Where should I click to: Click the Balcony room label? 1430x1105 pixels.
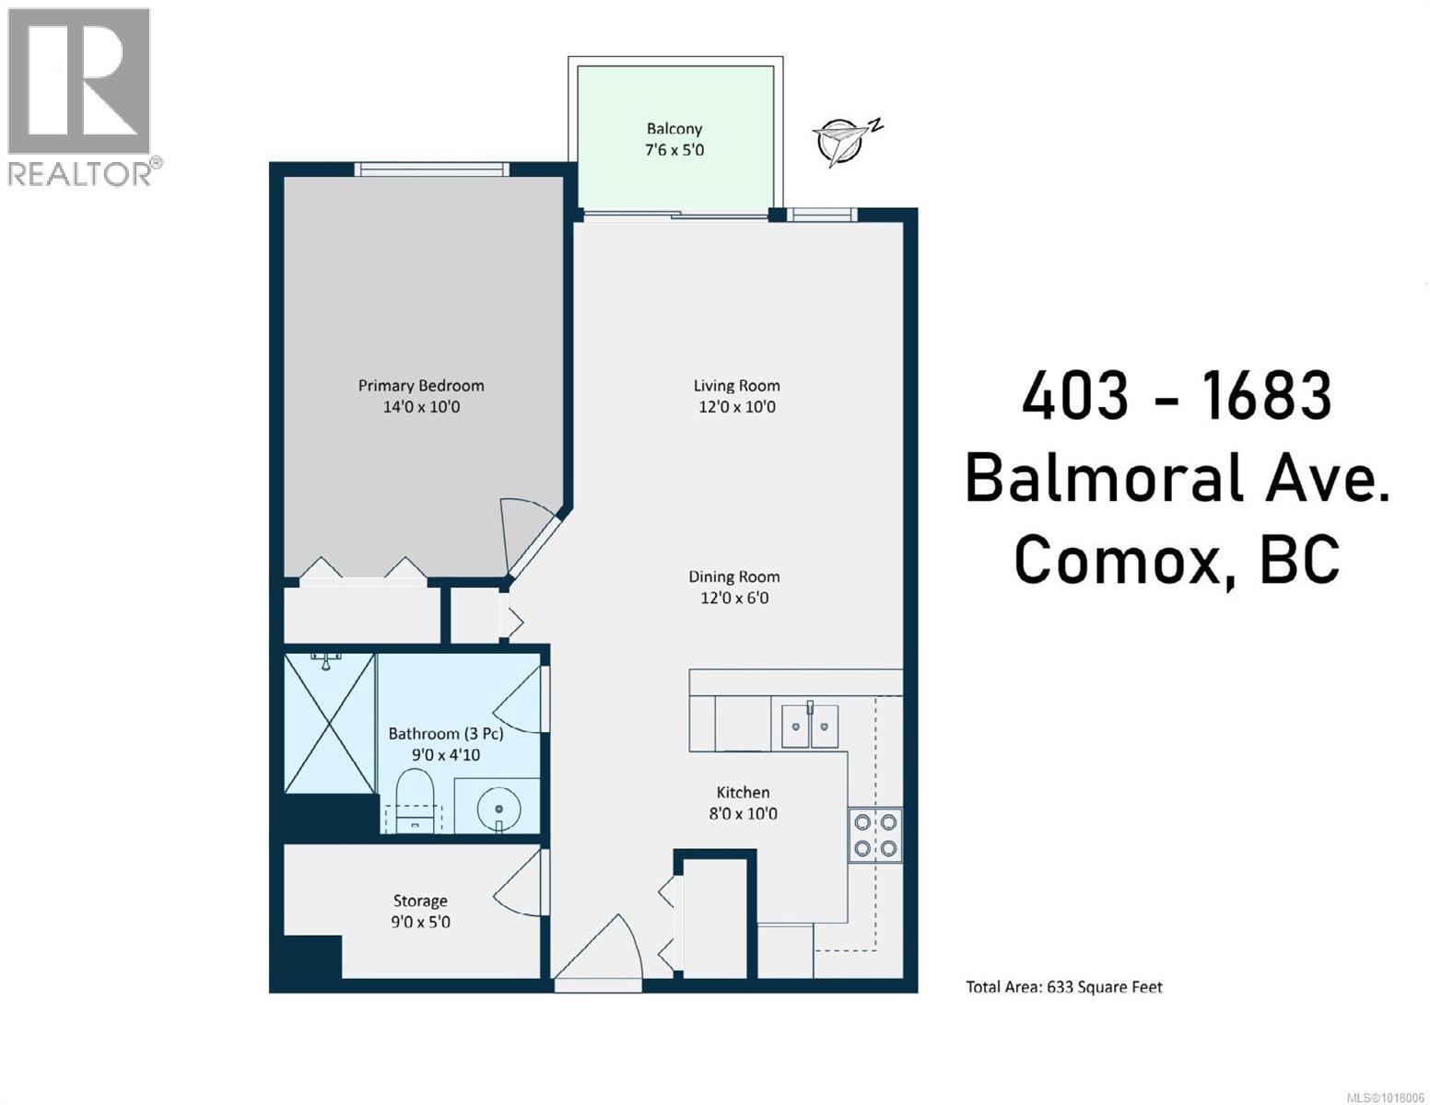click(674, 130)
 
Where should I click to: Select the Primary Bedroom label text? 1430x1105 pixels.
click(421, 386)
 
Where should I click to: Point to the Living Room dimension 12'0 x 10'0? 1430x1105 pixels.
click(737, 407)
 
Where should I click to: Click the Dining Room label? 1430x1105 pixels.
click(734, 577)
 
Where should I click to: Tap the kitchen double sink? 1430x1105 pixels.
click(810, 727)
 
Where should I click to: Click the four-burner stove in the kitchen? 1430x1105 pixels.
click(874, 834)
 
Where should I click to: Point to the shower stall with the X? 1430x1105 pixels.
click(329, 723)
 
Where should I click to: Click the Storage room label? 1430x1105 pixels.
click(420, 901)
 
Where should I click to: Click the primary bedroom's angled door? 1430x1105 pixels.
click(527, 534)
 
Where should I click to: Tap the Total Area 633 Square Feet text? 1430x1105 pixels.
click(1064, 987)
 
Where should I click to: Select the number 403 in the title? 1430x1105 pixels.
click(1074, 396)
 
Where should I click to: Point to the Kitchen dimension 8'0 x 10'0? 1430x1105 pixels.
click(743, 814)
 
